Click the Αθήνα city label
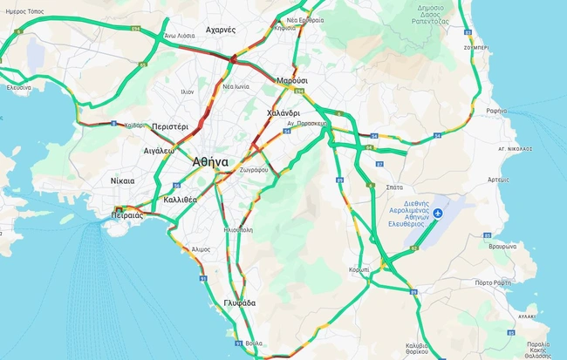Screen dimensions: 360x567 tap(210, 161)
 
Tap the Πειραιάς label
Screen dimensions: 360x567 tap(127, 213)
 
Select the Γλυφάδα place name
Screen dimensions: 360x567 tap(239, 303)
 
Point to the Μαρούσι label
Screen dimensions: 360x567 tap(293, 80)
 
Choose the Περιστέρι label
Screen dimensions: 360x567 tap(169, 126)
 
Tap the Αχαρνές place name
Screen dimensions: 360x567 tap(221, 30)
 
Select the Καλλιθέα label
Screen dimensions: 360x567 tap(181, 200)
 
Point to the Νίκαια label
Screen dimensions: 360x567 tap(123, 180)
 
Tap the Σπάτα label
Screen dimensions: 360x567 tap(393, 187)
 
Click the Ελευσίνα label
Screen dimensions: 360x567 tap(19, 87)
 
